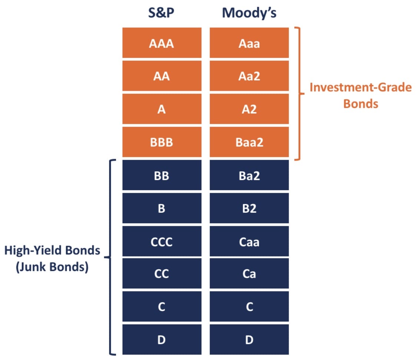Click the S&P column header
[x=161, y=13]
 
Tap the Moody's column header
[x=249, y=13]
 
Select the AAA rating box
[x=162, y=44]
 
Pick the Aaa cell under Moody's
[x=249, y=44]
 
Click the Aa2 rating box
[x=249, y=76]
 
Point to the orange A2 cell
[x=249, y=109]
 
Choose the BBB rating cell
[x=162, y=142]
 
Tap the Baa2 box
[x=249, y=142]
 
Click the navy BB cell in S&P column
[x=162, y=175]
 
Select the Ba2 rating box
[x=249, y=175]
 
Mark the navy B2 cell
[x=249, y=208]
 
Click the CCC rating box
[x=162, y=241]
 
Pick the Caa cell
[x=249, y=241]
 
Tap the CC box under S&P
[x=162, y=274]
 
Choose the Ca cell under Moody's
[x=249, y=274]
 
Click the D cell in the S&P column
[x=162, y=340]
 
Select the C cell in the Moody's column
[x=249, y=307]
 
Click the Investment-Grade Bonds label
[x=360, y=95]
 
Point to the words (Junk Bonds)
[x=52, y=267]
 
